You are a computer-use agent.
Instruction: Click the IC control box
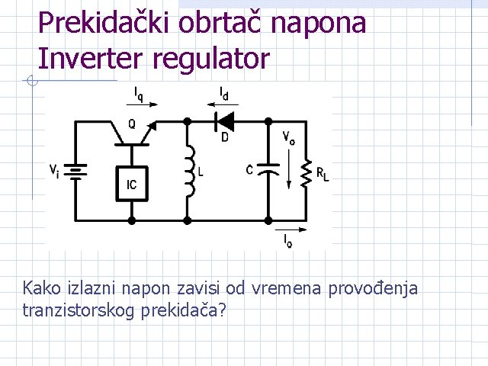tap(131, 184)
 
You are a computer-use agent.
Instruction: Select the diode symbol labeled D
tap(224, 120)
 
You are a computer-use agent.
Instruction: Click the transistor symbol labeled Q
tap(132, 133)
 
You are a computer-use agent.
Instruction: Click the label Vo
tap(289, 137)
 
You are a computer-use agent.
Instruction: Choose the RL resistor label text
tap(323, 174)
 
